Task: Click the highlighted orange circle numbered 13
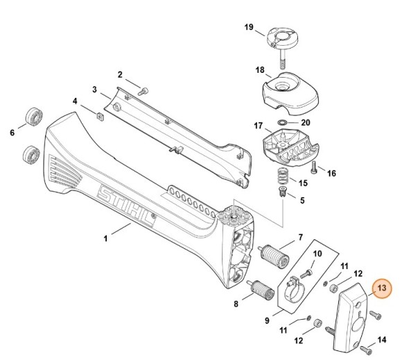tap(381, 289)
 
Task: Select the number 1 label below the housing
tap(105, 238)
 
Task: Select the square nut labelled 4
tap(100, 116)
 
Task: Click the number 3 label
tap(94, 89)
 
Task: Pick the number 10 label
tap(317, 255)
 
